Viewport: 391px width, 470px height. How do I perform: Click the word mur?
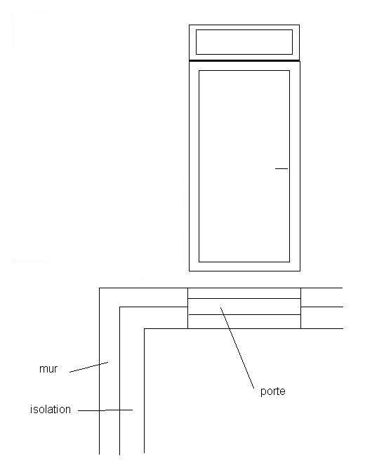[48, 369]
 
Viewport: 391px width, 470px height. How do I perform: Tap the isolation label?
[51, 409]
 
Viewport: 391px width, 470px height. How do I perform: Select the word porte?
[272, 391]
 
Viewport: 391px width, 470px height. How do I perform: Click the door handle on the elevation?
[281, 169]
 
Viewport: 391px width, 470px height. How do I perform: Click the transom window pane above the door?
[244, 42]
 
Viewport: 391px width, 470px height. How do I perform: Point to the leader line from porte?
[237, 348]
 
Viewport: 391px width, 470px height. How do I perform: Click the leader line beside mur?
[88, 367]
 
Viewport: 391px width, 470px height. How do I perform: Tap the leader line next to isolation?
[105, 410]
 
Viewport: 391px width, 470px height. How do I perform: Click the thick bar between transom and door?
[244, 61]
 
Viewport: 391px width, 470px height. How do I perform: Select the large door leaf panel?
[244, 166]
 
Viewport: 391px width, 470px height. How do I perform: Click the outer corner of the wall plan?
[100, 288]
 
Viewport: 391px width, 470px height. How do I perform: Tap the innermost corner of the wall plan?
[144, 329]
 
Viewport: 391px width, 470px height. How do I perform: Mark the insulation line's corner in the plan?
[119, 307]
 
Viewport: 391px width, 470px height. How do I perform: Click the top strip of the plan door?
[244, 293]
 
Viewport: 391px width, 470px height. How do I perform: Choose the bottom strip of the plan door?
[244, 321]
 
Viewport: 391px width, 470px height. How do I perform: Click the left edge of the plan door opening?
[188, 308]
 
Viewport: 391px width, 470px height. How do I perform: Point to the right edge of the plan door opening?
[300, 308]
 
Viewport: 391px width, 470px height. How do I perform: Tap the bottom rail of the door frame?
[244, 267]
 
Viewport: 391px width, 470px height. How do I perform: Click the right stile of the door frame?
[295, 166]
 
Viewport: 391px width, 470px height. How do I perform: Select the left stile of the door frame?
[194, 166]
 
